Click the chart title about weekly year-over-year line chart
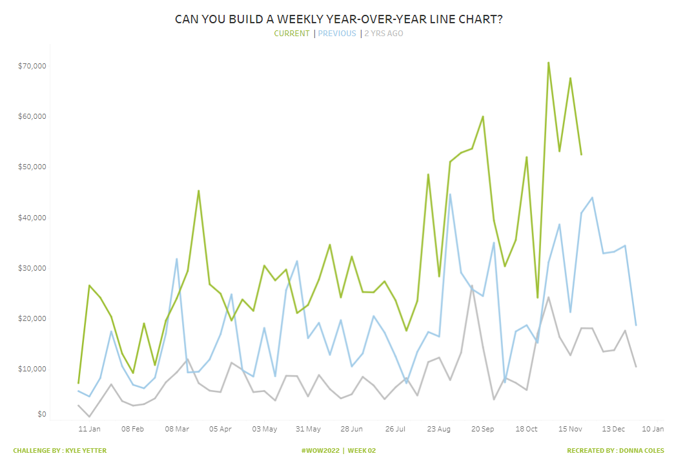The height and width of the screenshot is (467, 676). [x=338, y=19]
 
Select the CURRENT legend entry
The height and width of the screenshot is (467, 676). [x=292, y=34]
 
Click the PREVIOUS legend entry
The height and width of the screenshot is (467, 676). [x=336, y=34]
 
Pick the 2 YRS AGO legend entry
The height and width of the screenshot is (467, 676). [x=384, y=34]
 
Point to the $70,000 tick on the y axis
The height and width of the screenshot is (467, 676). [x=32, y=66]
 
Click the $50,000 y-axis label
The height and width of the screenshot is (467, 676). [x=32, y=167]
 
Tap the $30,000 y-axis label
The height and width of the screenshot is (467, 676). [x=32, y=268]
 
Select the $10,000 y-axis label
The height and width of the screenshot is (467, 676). [x=32, y=369]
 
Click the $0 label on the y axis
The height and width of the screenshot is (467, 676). [x=41, y=414]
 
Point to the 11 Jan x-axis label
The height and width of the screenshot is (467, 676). [x=89, y=429]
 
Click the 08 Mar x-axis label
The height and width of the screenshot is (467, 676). [x=177, y=429]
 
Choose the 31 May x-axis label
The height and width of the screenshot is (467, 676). [x=308, y=429]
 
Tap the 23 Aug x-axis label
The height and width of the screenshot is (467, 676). [x=439, y=429]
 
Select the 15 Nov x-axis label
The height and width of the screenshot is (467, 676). [x=570, y=429]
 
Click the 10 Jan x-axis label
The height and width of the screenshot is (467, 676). [x=653, y=429]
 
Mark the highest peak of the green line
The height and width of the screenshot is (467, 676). [x=548, y=63]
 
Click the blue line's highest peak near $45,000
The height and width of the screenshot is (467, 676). [x=450, y=194]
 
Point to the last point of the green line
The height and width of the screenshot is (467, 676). [x=581, y=154]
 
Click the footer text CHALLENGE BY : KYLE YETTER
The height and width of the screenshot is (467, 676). [x=59, y=451]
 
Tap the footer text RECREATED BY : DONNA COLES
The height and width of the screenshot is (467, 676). [x=615, y=451]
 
